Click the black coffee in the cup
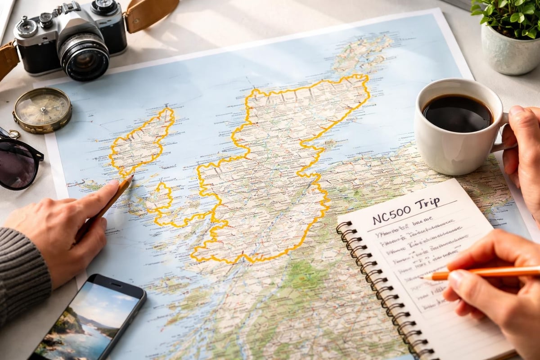click(x=457, y=112)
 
